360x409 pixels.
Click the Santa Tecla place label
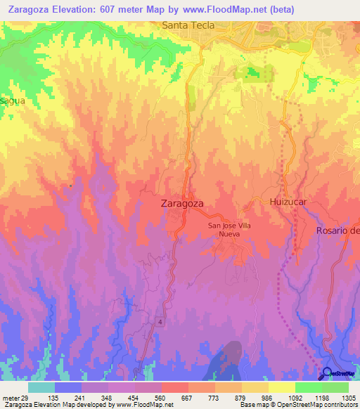(188, 25)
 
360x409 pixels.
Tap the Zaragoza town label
(178, 203)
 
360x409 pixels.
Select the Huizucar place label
(289, 202)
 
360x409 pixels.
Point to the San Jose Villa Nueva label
(229, 230)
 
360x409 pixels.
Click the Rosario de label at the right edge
(337, 231)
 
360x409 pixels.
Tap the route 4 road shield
(160, 322)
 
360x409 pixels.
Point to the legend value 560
(149, 397)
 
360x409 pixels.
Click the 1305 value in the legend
(348, 397)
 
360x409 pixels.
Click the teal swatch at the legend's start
(41, 387)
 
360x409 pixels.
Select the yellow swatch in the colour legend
(282, 387)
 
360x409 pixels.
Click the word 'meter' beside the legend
(9, 397)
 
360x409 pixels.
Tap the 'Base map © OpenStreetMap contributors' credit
(297, 405)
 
